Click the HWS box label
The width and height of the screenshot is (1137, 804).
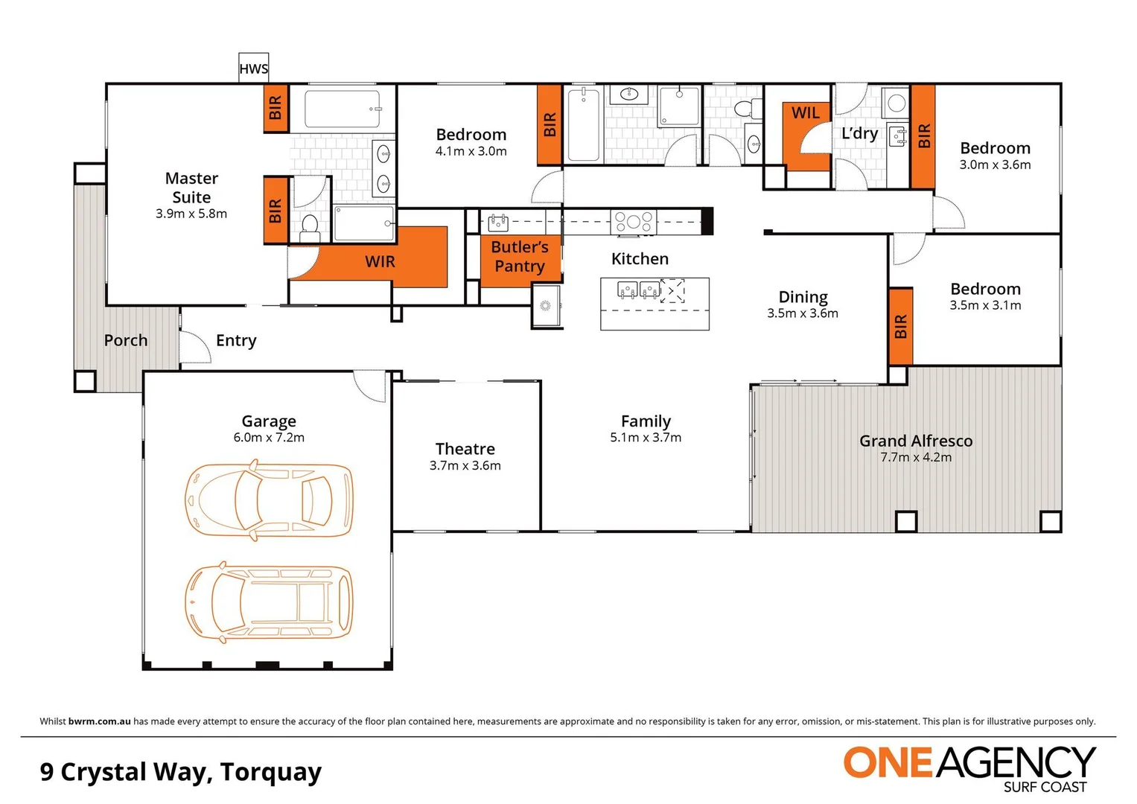tap(253, 69)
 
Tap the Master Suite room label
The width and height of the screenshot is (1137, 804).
tap(191, 188)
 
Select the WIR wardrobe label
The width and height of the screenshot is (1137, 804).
tap(380, 261)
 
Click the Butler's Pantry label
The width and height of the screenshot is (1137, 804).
tap(520, 256)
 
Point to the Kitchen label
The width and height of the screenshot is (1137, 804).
tap(640, 258)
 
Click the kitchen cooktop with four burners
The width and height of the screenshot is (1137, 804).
tap(633, 221)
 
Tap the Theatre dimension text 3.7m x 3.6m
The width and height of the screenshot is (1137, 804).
tap(465, 466)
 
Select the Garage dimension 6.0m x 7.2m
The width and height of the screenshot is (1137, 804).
tap(269, 438)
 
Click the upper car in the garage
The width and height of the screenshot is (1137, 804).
tap(268, 500)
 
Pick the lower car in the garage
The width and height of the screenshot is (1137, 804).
tap(268, 602)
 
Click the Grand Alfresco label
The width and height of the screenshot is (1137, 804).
tap(916, 441)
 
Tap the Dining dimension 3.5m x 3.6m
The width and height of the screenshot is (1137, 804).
tap(803, 313)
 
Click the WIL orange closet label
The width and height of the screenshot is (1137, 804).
tap(805, 112)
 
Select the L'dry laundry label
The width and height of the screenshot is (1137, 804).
tap(859, 133)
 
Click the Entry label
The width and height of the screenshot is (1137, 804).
tap(236, 340)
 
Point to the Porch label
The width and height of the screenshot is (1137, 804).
tap(126, 340)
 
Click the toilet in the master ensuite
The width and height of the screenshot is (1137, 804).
tap(310, 227)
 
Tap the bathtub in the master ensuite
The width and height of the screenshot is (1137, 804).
tap(343, 109)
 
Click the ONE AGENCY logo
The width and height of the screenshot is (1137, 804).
tap(969, 767)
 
